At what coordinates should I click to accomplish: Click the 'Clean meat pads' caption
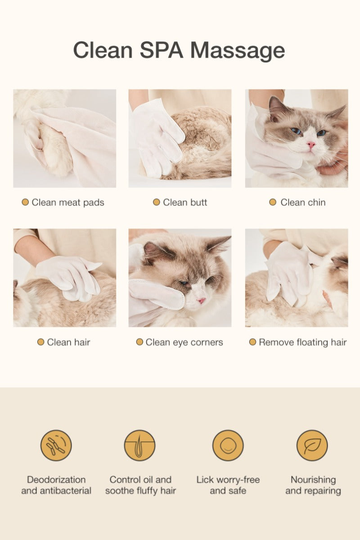tap(67, 202)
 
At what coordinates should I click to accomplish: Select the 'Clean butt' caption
tap(185, 202)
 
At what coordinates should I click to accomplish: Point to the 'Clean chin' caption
tap(302, 202)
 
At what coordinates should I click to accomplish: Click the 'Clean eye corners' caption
tap(184, 342)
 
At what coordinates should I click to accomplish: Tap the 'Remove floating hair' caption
tap(302, 342)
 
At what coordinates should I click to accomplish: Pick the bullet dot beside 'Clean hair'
tap(40, 342)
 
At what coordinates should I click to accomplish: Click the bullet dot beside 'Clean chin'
tap(273, 202)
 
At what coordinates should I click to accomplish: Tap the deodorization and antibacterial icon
tap(56, 445)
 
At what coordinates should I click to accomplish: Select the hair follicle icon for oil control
tap(140, 445)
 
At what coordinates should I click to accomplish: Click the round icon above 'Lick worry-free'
tap(228, 445)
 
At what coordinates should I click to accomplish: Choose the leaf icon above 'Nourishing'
tap(312, 445)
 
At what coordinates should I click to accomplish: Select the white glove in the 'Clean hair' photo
tap(72, 277)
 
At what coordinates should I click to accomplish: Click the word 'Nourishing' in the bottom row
tap(313, 480)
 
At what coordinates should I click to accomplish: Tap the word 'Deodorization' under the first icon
tap(56, 480)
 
